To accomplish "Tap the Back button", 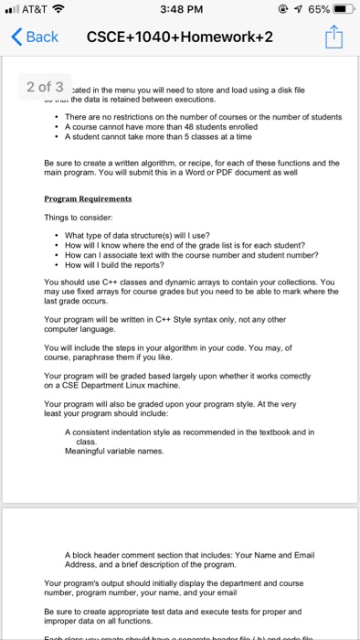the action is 34,37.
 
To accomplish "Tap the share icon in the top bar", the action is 334,37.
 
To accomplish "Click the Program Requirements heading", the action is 88,198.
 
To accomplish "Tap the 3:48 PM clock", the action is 180,10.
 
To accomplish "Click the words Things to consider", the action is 79,216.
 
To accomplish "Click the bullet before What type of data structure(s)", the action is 57,234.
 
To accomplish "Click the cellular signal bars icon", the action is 12,10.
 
